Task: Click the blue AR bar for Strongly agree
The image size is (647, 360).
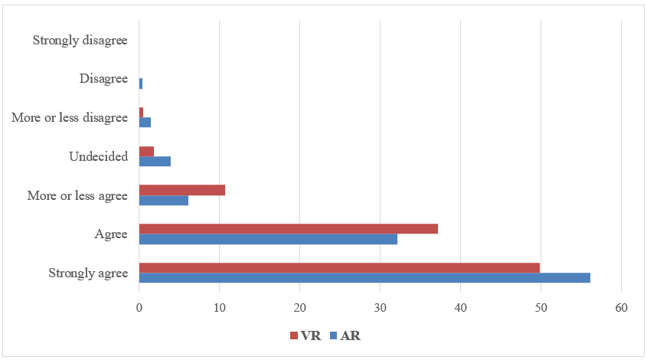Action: pos(364,277)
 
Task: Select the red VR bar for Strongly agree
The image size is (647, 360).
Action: pos(339,267)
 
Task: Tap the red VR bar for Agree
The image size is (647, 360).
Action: pos(288,228)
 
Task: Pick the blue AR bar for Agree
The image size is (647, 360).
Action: pos(268,239)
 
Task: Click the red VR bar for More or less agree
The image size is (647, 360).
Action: pos(181,190)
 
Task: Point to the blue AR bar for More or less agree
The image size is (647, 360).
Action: pos(163,200)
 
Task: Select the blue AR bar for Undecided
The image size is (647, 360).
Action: pos(155,161)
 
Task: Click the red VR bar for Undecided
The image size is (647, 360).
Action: pos(146,151)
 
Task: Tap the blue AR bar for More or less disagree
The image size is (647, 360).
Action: pos(145,122)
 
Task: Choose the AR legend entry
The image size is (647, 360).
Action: pos(344,335)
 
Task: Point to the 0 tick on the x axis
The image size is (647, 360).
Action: pos(139,308)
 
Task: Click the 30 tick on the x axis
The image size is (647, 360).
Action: pos(380,308)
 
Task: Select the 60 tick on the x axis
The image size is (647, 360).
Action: pos(621,308)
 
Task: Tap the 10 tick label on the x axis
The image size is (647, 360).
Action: pos(219,308)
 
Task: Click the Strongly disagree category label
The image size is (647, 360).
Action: pos(80,40)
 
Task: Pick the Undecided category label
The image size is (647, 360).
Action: pos(98,156)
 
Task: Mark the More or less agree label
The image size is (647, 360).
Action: pos(77,195)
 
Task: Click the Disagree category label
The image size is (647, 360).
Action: pos(103,78)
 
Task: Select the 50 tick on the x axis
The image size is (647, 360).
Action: pos(541,308)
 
